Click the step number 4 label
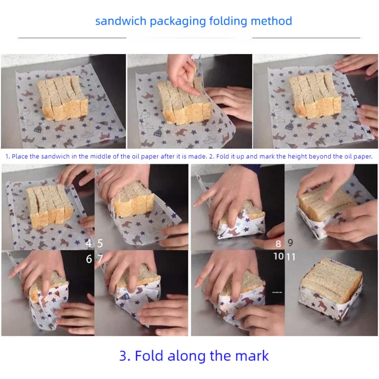tap(89, 244)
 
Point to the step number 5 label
tap(100, 244)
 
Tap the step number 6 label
tap(89, 259)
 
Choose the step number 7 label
tap(100, 259)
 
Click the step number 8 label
tap(279, 244)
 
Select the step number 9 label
tap(290, 243)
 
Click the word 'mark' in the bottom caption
tap(252, 356)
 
